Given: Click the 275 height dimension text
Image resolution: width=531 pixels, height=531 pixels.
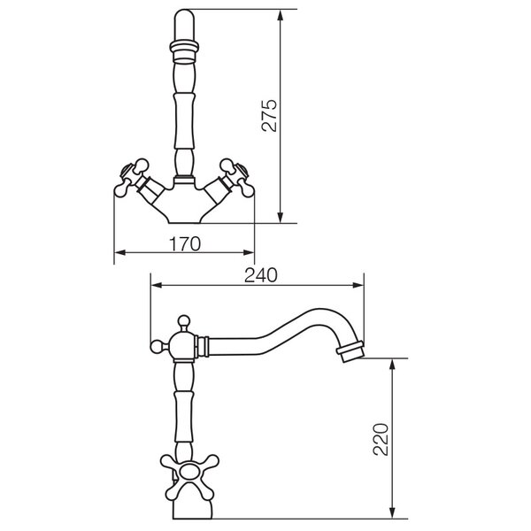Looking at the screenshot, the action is (270, 115).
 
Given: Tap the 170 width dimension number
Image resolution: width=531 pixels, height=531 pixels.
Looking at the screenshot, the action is (185, 244).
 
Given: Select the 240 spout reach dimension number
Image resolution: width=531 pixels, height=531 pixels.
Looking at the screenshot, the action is (261, 275).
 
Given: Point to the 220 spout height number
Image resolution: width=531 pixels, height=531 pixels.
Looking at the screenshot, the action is (381, 439).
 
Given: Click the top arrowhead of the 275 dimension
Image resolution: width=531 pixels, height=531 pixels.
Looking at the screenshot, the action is (280, 14).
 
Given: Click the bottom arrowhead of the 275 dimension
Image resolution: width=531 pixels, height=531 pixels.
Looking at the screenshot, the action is (280, 218).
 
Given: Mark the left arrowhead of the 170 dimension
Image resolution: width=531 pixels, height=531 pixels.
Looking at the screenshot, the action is (119, 252).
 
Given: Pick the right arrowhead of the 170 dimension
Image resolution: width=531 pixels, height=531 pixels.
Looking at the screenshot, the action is (249, 252).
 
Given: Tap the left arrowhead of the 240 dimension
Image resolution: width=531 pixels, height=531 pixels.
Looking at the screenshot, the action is (157, 285).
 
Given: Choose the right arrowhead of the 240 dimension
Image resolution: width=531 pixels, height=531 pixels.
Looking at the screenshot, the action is (358, 285).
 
